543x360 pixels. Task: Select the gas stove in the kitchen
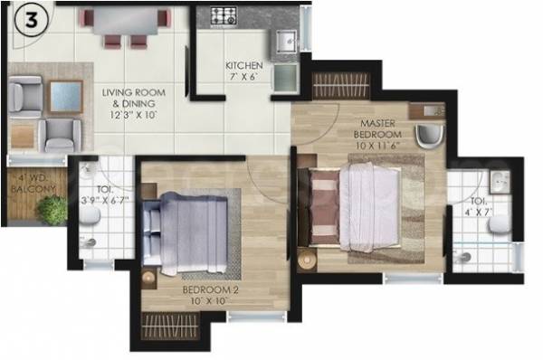224,15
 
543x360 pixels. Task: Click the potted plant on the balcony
53,211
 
